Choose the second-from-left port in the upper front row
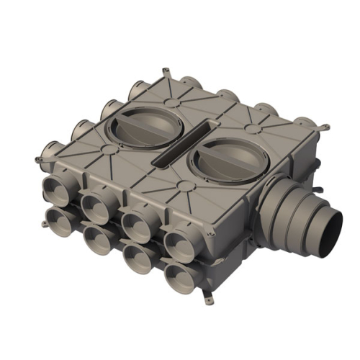(x=94, y=204)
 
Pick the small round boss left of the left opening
(x=107, y=150)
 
